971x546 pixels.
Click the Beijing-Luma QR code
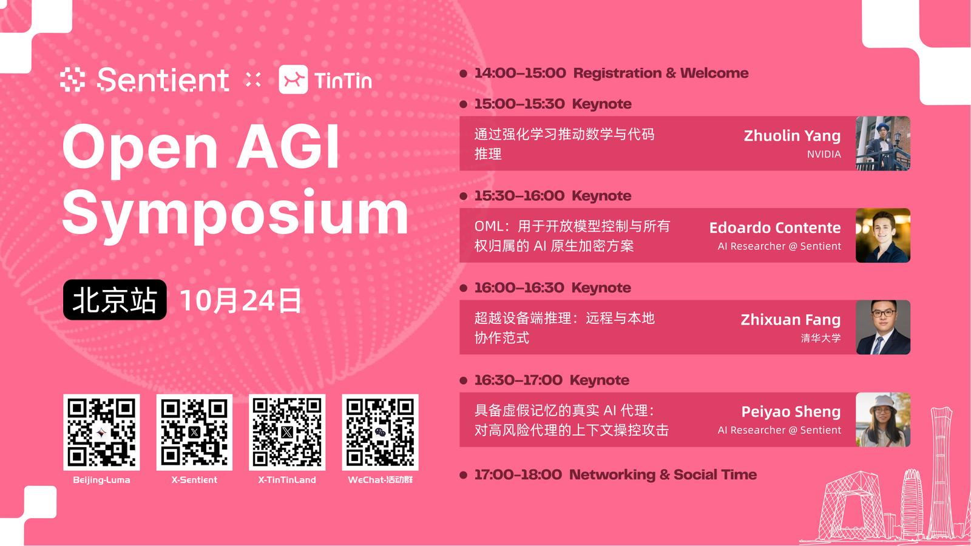tap(101, 432)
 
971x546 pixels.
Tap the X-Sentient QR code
tap(194, 432)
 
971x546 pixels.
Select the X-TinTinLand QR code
tap(287, 432)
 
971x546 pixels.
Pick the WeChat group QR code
tap(380, 432)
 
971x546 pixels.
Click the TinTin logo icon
tap(294, 79)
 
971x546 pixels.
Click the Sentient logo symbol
tap(72, 79)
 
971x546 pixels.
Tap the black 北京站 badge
tap(115, 300)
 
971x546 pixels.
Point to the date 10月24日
tap(240, 300)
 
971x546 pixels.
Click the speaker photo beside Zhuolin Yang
tap(883, 143)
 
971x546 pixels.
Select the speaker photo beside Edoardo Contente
tap(883, 235)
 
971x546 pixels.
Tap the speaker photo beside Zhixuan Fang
tap(883, 327)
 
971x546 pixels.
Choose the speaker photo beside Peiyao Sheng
tap(883, 419)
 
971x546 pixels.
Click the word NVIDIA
tap(824, 154)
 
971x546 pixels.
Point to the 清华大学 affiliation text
tap(820, 338)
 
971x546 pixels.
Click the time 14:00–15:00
tap(520, 73)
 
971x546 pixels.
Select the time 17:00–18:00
tap(518, 474)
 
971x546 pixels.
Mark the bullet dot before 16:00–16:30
tap(464, 288)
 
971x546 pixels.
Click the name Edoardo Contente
tap(774, 227)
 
